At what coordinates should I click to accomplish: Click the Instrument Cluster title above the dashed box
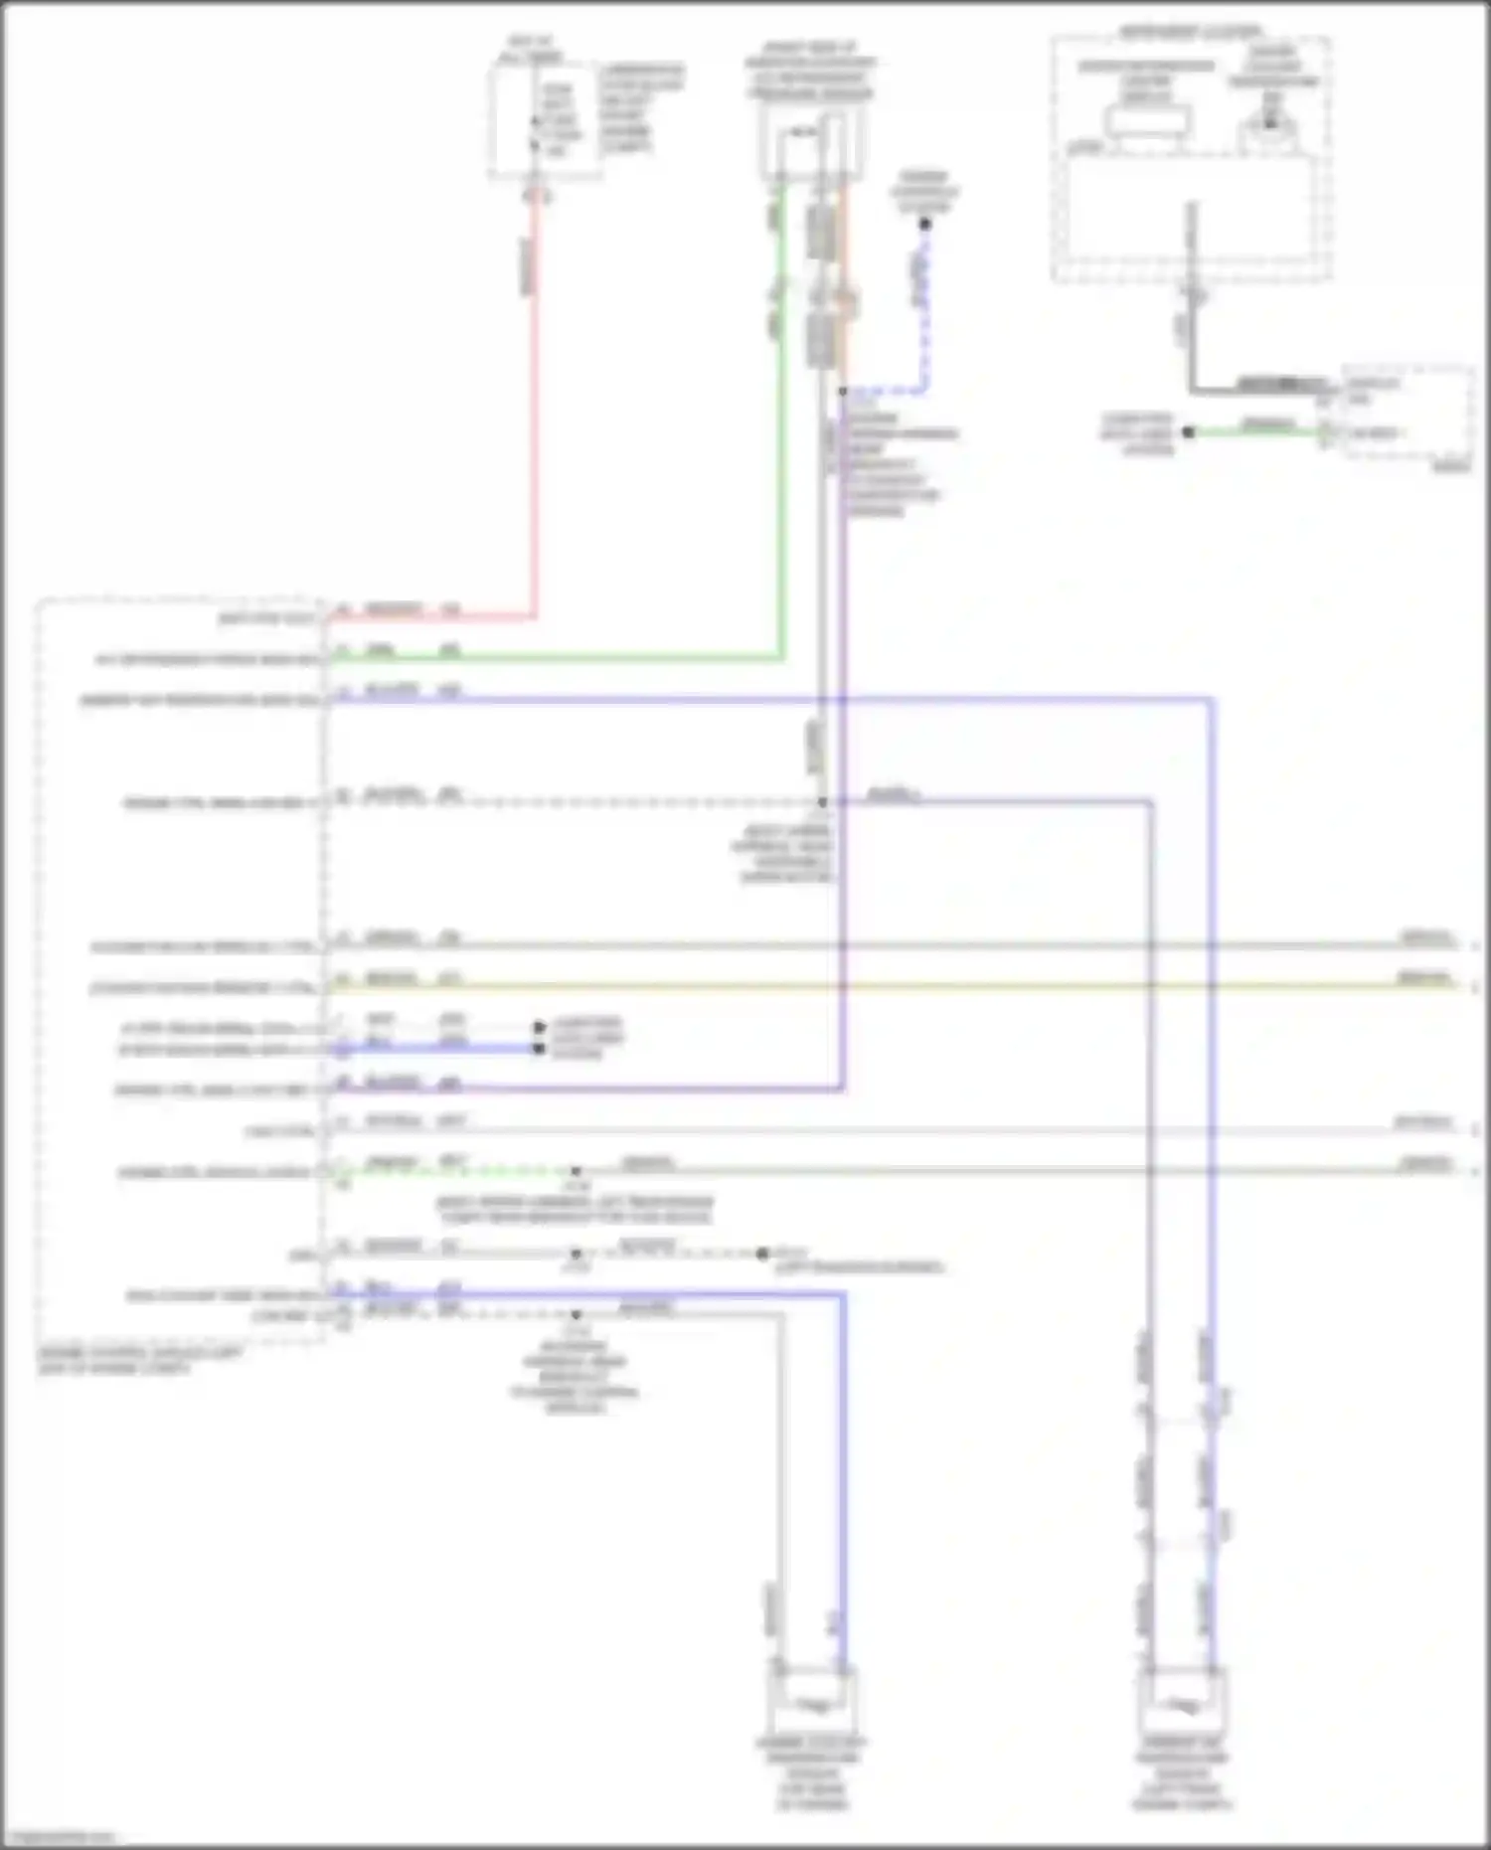1190,32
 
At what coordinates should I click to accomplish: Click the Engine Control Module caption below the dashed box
139,1360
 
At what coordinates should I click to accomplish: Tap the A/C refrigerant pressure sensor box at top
811,145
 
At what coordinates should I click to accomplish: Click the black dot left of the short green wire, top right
1188,432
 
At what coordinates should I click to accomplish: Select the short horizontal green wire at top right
1257,431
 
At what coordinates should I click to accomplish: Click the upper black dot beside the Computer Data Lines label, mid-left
539,1026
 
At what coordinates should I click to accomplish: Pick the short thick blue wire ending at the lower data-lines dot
437,1048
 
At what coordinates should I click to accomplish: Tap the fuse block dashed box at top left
545,119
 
